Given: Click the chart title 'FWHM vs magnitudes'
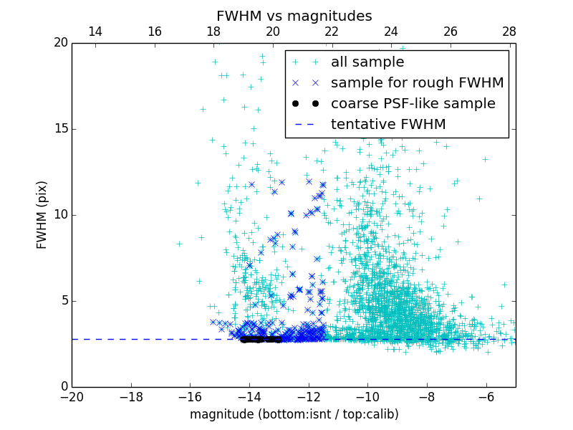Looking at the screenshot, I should pyautogui.click(x=294, y=16).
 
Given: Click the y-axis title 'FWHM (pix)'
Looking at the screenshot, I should pyautogui.click(x=42, y=215).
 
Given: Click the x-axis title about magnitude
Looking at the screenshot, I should pyautogui.click(x=294, y=414).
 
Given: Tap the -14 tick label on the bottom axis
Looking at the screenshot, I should pyautogui.click(x=249, y=397).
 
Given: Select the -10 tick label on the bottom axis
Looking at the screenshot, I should pyautogui.click(x=367, y=397).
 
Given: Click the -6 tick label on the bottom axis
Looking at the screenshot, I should pyautogui.click(x=486, y=397).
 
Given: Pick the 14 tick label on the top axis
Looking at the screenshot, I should pyautogui.click(x=95, y=32).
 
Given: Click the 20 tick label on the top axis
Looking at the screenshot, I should pyautogui.click(x=273, y=32).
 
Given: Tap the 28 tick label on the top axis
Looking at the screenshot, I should pyautogui.click(x=509, y=32).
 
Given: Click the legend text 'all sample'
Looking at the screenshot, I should pyautogui.click(x=367, y=62).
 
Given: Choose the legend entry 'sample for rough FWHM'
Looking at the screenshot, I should pyautogui.click(x=417, y=83).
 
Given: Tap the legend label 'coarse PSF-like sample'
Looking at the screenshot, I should pyautogui.click(x=413, y=104).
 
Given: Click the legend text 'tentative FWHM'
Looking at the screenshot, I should pyautogui.click(x=388, y=125).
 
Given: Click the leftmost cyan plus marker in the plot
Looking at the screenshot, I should pyautogui.click(x=179, y=244).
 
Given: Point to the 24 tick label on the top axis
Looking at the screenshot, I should pyautogui.click(x=391, y=32).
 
